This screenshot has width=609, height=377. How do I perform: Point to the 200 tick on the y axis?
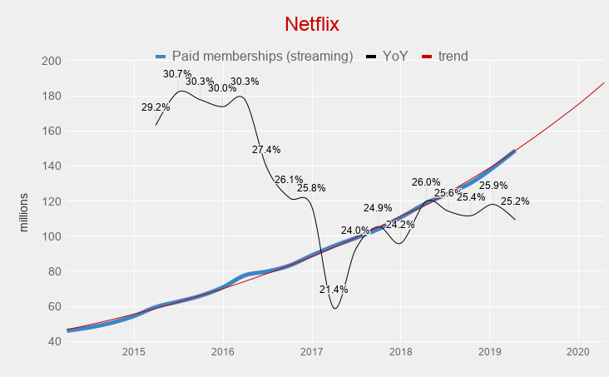(52, 61)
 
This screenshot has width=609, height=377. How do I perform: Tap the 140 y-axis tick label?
(52, 166)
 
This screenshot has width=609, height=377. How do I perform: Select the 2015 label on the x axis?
(134, 353)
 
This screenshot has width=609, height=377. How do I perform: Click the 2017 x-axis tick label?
(312, 353)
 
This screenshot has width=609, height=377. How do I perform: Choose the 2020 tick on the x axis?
(577, 353)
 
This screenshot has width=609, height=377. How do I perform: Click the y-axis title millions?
(24, 212)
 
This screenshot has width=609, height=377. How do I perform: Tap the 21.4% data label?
(334, 290)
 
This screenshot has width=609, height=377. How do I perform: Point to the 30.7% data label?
(177, 74)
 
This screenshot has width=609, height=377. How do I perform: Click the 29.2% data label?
(156, 107)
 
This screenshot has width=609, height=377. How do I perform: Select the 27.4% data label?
(266, 150)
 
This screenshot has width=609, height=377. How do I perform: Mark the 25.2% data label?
(515, 201)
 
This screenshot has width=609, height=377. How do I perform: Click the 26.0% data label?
(426, 182)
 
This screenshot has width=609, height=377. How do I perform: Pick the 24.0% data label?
(355, 231)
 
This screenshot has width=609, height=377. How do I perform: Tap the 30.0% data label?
(222, 88)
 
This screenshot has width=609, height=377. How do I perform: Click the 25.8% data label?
(311, 188)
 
